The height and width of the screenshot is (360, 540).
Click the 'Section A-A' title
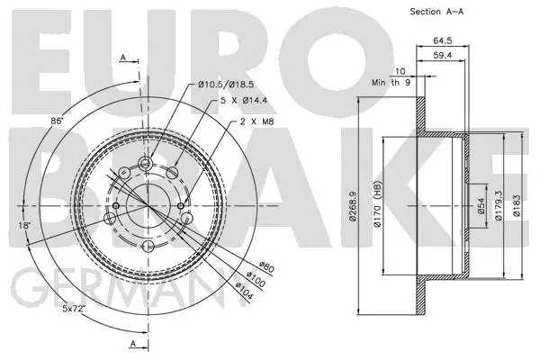pos(436,12)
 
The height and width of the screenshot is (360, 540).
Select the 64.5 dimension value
pos(441,40)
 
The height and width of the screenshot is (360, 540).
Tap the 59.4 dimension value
pos(443,56)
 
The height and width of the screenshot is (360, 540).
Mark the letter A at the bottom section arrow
pos(133,344)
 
